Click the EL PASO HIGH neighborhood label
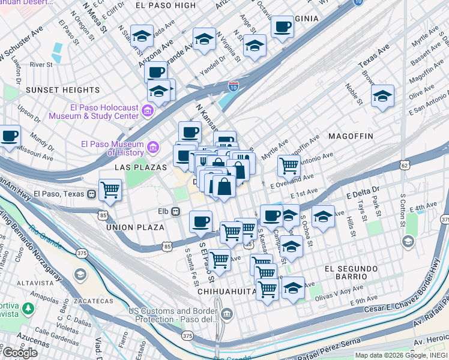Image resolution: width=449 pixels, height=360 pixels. point(166,5)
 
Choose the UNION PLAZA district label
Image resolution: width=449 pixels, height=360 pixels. point(135,227)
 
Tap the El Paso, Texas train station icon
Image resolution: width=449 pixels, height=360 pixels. point(91,194)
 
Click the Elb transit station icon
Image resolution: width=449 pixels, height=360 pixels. point(176,211)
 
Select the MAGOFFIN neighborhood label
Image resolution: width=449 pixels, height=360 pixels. point(351,136)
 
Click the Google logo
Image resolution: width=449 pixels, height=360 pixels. point(20,353)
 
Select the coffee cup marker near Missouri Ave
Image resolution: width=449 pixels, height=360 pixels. point(10,136)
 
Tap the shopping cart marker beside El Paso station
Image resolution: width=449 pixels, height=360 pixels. point(110,190)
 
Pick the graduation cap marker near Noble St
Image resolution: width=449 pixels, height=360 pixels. point(382,95)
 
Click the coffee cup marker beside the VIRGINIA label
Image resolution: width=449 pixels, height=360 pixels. point(282,27)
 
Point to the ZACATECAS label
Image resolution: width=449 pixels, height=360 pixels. point(94,301)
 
